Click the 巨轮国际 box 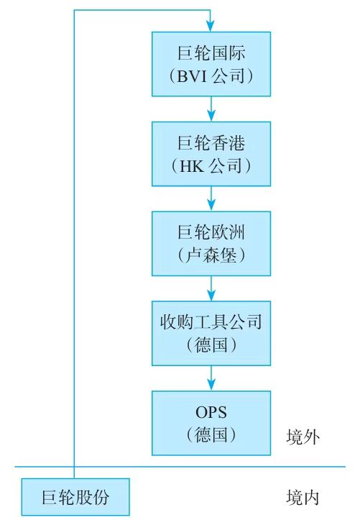click(211, 63)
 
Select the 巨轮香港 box click(211, 153)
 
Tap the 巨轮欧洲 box click(211, 243)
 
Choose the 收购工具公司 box click(211, 333)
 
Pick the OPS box click(211, 423)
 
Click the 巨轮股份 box click(75, 496)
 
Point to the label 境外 click(302, 437)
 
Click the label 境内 click(302, 497)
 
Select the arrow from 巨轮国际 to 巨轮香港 click(211, 108)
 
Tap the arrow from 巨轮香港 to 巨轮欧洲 click(211, 198)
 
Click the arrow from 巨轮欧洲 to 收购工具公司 click(211, 288)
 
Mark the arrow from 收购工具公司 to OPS click(211, 378)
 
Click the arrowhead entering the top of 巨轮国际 click(211, 26)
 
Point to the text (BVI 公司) click(211, 75)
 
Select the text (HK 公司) click(211, 165)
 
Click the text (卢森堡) click(211, 255)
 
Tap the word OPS click(211, 412)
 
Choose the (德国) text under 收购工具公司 click(211, 344)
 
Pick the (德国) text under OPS click(211, 434)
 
